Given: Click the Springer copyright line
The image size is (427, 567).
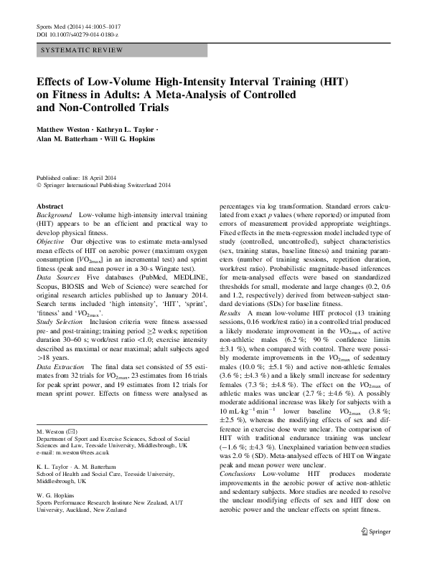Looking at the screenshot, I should [105, 184].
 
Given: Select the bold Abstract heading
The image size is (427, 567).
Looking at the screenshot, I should [50, 206].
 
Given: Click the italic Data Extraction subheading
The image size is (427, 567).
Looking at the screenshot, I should [60, 366].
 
